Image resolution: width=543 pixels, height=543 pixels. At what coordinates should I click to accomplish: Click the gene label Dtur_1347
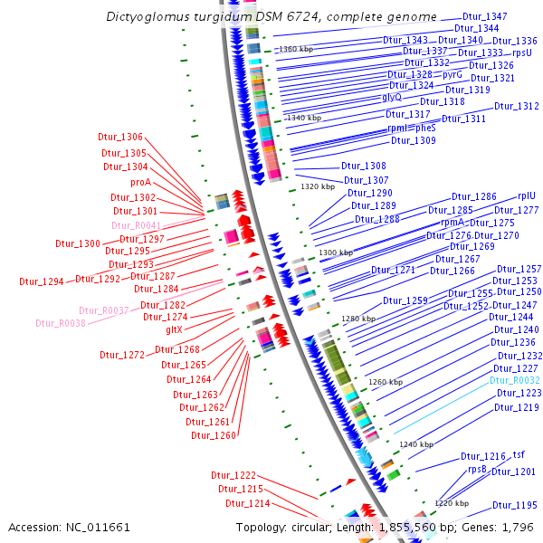tap(485, 17)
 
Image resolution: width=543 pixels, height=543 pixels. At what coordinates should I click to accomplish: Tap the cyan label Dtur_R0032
tap(516, 381)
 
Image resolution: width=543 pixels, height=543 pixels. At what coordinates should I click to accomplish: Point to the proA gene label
tap(140, 182)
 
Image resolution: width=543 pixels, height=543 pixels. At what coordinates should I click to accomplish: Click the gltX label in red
tap(174, 329)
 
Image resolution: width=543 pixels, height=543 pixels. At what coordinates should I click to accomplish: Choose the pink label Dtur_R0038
tap(61, 323)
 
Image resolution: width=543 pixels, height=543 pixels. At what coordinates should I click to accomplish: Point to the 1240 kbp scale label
tap(416, 444)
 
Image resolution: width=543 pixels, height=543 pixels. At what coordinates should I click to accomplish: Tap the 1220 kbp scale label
tap(451, 502)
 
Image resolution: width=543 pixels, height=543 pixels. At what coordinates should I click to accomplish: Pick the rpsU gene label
tap(522, 53)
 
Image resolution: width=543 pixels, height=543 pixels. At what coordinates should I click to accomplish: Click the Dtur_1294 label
tap(42, 281)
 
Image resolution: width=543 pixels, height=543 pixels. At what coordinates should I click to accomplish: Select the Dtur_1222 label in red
tap(233, 475)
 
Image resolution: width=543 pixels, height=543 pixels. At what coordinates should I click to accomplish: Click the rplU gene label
tap(527, 195)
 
